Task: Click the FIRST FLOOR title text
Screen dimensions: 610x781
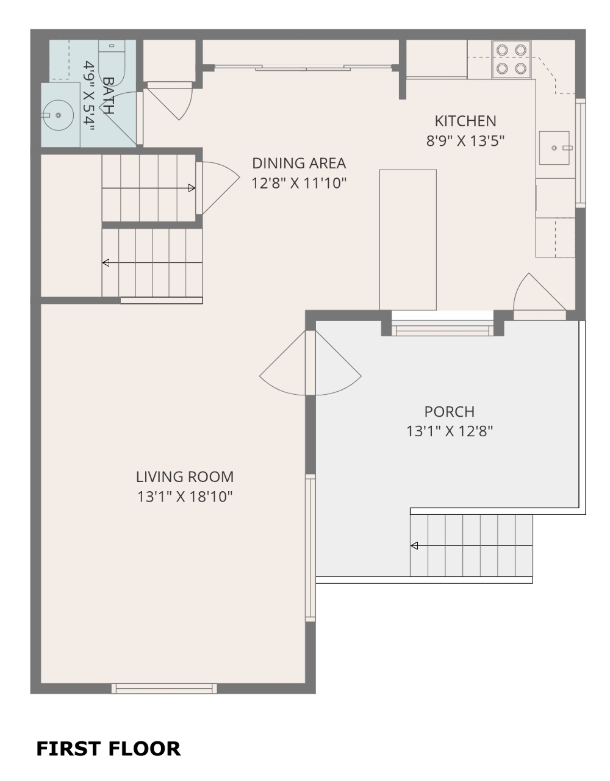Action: [x=108, y=749]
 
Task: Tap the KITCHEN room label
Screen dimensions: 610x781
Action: [x=465, y=121]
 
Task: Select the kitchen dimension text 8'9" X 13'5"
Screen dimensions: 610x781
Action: [x=465, y=141]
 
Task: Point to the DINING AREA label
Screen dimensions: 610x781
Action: [x=299, y=164]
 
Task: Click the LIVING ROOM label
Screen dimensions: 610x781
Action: [x=185, y=477]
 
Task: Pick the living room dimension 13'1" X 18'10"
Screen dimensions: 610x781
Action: [x=185, y=497]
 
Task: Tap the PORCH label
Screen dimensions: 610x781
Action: [x=450, y=412]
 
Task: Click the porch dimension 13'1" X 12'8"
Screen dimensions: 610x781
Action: [x=450, y=431]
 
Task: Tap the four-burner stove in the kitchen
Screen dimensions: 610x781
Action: [x=511, y=59]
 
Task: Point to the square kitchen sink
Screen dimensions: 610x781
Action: [x=554, y=148]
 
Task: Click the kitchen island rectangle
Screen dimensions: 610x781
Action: [x=407, y=240]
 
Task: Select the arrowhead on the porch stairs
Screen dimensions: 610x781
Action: [x=414, y=545]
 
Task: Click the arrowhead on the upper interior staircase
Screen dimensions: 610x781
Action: [x=192, y=187]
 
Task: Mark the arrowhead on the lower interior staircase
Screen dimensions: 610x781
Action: [x=106, y=263]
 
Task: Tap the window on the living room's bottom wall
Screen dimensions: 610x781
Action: [x=164, y=689]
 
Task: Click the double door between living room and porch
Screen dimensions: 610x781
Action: [x=310, y=363]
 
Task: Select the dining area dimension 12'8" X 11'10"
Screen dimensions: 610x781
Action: [x=299, y=183]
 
